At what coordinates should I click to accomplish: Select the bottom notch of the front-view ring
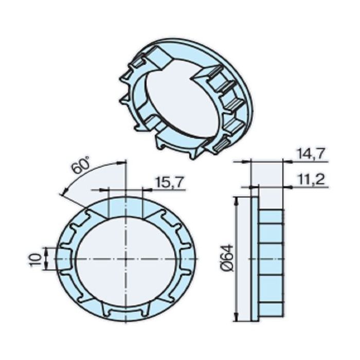coord(125,312)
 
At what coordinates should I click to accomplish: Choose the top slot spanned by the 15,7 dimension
coord(125,206)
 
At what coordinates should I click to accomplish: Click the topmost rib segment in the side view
coord(271,216)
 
